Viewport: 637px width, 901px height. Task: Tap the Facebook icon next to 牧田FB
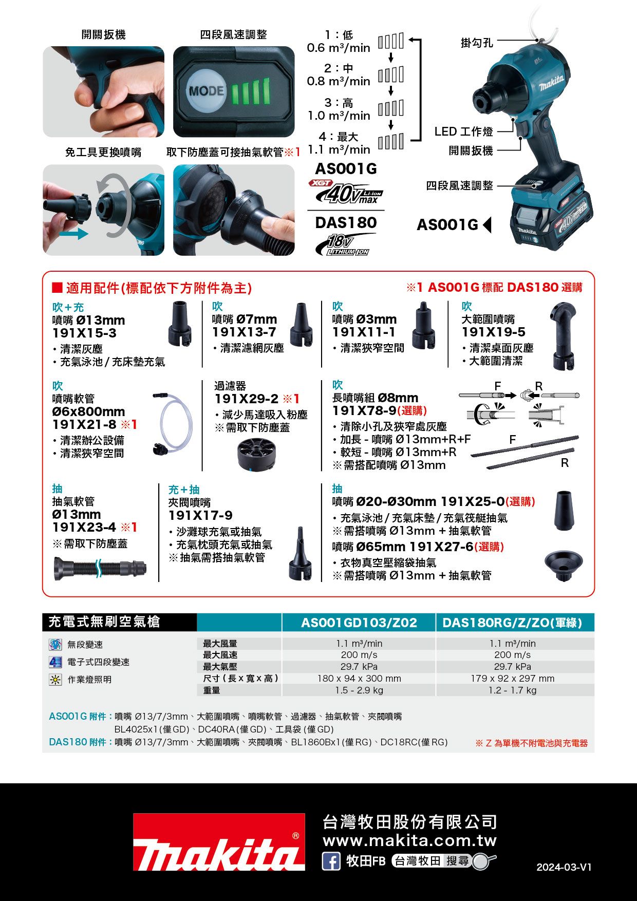tap(331, 861)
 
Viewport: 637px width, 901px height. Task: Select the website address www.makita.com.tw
tap(409, 841)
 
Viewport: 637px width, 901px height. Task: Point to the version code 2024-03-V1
tap(564, 867)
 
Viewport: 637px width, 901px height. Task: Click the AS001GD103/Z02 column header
tap(359, 623)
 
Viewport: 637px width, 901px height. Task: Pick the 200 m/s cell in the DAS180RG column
tap(512, 655)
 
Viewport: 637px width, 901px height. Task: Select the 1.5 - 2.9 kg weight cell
tap(359, 690)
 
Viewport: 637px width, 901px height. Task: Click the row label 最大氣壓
tap(220, 667)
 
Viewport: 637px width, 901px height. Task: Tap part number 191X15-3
tap(84, 333)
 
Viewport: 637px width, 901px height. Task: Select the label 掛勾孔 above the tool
tap(476, 43)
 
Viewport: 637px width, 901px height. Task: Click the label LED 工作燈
tap(463, 132)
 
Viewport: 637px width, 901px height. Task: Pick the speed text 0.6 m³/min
tap(338, 48)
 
